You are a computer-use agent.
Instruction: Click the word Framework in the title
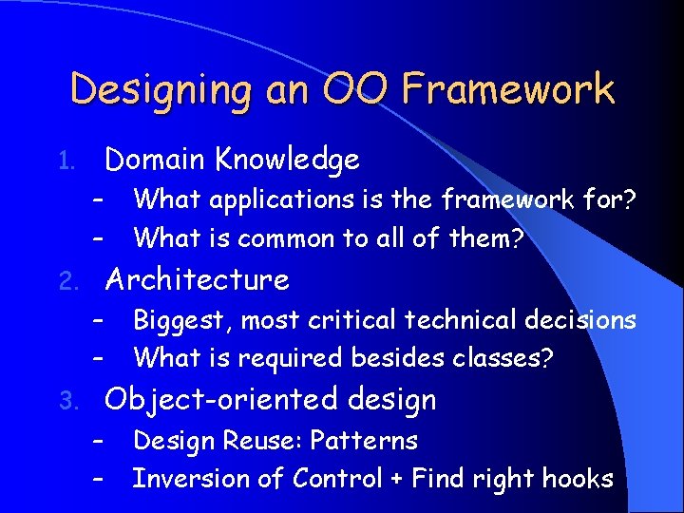[x=508, y=90]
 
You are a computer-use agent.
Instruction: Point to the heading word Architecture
[x=197, y=280]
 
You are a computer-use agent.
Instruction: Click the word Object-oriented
[x=220, y=401]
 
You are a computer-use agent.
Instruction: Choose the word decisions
[x=579, y=320]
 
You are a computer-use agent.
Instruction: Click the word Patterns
[x=365, y=442]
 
